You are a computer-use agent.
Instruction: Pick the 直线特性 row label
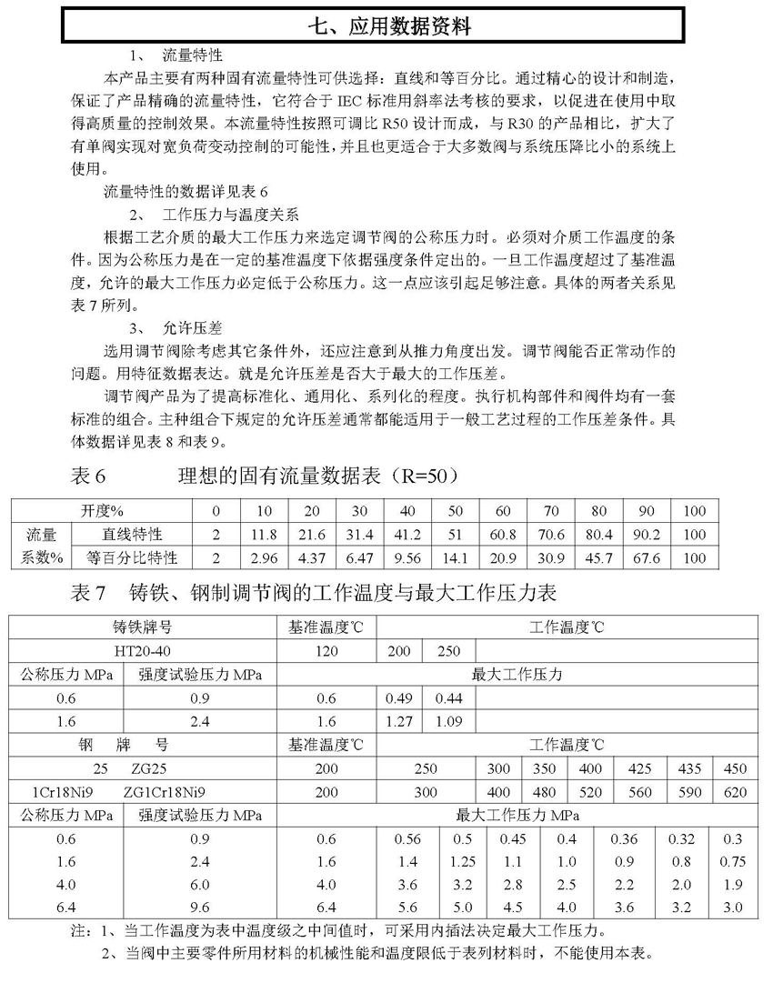click(125, 533)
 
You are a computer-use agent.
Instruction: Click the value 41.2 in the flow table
click(407, 533)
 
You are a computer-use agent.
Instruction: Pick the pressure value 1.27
click(401, 722)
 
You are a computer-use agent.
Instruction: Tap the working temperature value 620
click(734, 792)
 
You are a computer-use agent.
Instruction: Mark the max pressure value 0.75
click(734, 862)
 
